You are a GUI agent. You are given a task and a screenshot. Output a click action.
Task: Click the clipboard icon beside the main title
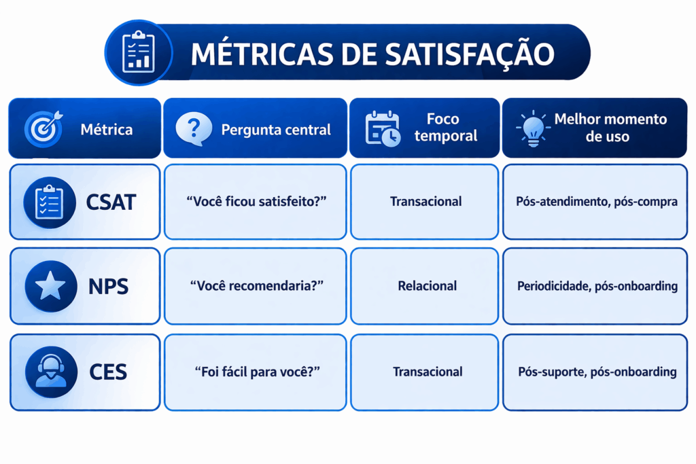139,52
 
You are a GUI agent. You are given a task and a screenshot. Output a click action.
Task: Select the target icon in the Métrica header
43,128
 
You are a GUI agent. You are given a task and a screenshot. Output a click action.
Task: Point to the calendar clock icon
383,128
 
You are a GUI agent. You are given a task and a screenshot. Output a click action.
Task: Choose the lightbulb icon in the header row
533,127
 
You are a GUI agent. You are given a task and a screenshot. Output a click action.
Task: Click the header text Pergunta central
276,129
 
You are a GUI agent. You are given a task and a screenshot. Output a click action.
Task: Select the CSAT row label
111,201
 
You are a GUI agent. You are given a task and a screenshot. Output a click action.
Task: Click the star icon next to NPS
50,287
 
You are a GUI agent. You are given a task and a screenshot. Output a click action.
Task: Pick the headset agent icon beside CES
50,372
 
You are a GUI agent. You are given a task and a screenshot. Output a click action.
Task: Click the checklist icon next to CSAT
50,202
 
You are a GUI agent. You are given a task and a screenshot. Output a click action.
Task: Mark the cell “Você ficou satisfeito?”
255,202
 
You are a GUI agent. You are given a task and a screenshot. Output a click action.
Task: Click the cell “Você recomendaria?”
255,286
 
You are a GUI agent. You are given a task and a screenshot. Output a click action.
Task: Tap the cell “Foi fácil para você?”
255,372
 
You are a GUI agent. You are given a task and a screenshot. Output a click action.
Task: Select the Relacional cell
427,286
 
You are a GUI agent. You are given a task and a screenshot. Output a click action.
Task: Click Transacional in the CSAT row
425,202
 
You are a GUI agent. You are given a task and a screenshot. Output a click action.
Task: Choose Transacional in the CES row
427,372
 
